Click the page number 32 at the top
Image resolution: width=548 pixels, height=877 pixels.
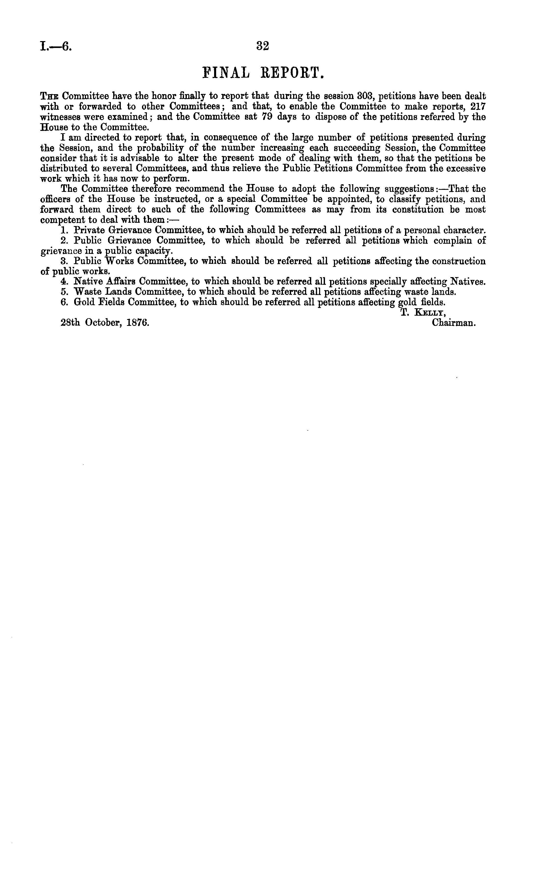coord(263,46)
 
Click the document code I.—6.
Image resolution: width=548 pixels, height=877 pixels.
coord(56,46)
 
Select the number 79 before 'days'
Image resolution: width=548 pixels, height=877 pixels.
coord(267,117)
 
